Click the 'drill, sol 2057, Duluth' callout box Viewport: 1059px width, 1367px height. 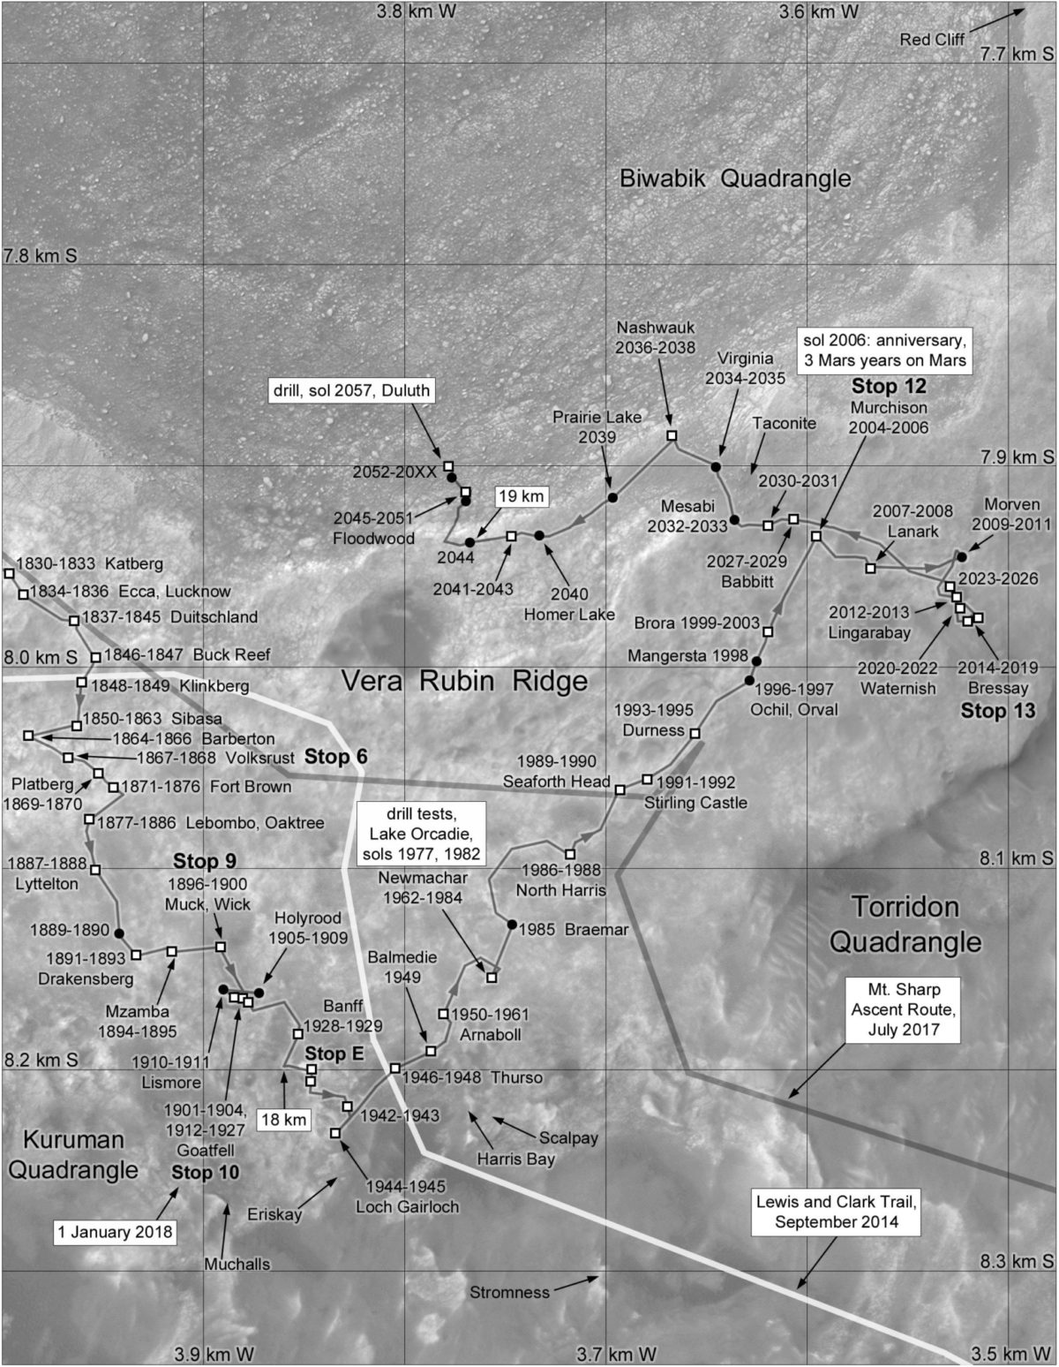(351, 389)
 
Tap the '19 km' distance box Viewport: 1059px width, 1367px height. (521, 496)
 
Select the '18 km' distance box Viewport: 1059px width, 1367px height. (284, 1120)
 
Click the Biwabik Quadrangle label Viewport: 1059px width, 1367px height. (735, 178)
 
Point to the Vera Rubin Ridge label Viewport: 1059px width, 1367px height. (464, 681)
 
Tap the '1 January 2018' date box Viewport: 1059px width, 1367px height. (115, 1232)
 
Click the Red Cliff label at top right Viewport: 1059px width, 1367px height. (932, 39)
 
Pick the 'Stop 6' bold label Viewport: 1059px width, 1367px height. (335, 757)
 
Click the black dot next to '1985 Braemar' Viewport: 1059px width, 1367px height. (512, 925)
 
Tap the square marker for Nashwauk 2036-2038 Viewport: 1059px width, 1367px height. (671, 435)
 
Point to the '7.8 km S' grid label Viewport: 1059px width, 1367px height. (41, 256)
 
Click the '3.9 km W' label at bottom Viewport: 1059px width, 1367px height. (214, 1354)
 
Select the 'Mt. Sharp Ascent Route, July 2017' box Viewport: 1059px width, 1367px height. (903, 1009)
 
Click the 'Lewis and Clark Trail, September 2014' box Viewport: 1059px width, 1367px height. (837, 1212)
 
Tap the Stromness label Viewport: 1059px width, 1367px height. (509, 1292)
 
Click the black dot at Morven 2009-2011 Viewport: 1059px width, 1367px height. (961, 557)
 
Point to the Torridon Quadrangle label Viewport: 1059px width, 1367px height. (905, 925)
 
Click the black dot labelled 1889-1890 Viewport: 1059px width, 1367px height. (119, 933)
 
